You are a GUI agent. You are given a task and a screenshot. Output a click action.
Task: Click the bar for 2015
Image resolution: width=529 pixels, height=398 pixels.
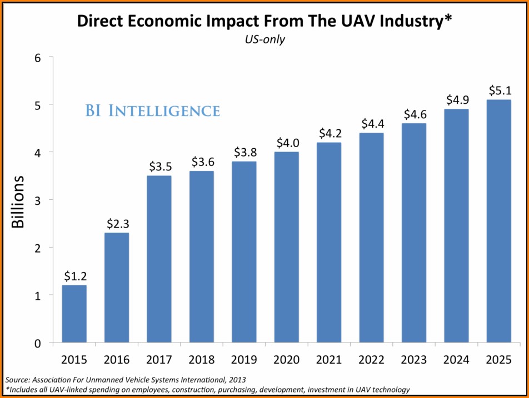click(74, 314)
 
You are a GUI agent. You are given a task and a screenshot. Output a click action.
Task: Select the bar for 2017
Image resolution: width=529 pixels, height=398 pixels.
click(159, 259)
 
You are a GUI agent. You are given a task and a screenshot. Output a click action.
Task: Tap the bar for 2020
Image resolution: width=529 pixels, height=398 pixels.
click(287, 247)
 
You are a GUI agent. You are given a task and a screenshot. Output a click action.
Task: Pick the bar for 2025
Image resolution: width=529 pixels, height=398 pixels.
click(499, 221)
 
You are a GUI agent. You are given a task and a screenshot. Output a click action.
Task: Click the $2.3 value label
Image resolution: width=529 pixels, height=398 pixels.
click(117, 224)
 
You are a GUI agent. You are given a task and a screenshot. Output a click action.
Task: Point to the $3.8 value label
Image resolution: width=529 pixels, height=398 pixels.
click(244, 153)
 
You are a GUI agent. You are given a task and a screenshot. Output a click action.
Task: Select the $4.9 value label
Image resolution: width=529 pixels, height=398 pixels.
click(457, 100)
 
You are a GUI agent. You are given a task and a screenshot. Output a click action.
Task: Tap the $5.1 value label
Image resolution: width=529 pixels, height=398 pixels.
click(499, 90)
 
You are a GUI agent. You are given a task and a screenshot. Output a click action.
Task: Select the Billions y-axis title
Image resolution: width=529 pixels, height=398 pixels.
click(18, 202)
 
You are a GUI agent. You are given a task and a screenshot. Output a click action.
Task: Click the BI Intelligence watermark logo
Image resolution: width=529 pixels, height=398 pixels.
click(152, 110)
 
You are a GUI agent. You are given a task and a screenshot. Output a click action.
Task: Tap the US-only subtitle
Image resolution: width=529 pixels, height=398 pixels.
click(264, 40)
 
